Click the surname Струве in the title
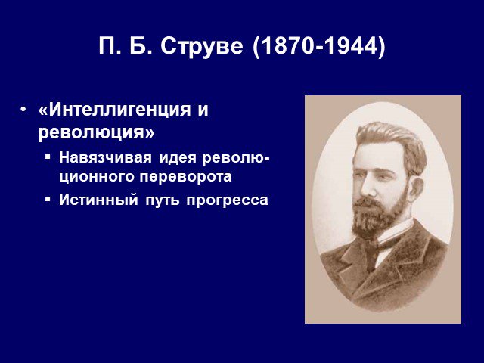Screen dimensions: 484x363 click(202, 46)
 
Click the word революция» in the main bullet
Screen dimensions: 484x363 click(96, 133)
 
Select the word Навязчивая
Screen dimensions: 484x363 click(105, 158)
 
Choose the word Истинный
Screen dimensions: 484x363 click(98, 200)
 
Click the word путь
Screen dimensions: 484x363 click(162, 200)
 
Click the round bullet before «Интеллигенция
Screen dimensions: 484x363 click(23, 109)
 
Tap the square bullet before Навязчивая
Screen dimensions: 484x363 click(47, 157)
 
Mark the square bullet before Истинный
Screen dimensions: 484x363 click(47, 198)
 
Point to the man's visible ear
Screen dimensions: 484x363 click(416, 187)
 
